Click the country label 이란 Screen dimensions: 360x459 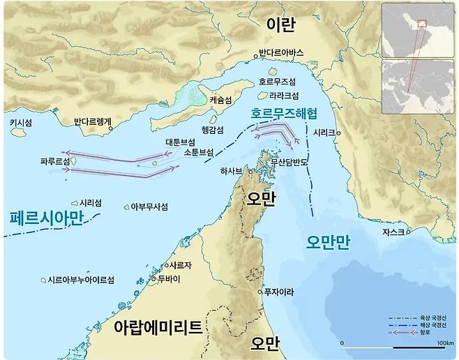(281, 24)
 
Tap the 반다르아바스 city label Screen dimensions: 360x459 (281, 52)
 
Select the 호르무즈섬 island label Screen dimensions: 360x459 (277, 81)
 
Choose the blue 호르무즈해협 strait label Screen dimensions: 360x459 (280, 111)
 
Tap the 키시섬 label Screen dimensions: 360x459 (20, 121)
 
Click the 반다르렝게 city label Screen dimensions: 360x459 (93, 122)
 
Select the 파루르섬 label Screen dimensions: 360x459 (56, 161)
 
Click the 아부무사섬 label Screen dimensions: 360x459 (149, 207)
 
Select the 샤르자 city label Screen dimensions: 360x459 (175, 266)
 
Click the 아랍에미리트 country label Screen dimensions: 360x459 (158, 327)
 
